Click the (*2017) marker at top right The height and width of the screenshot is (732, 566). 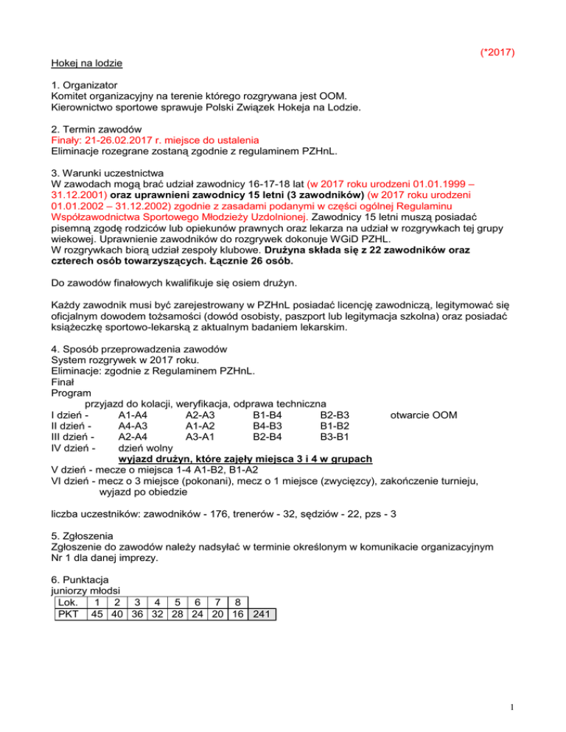click(496, 52)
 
